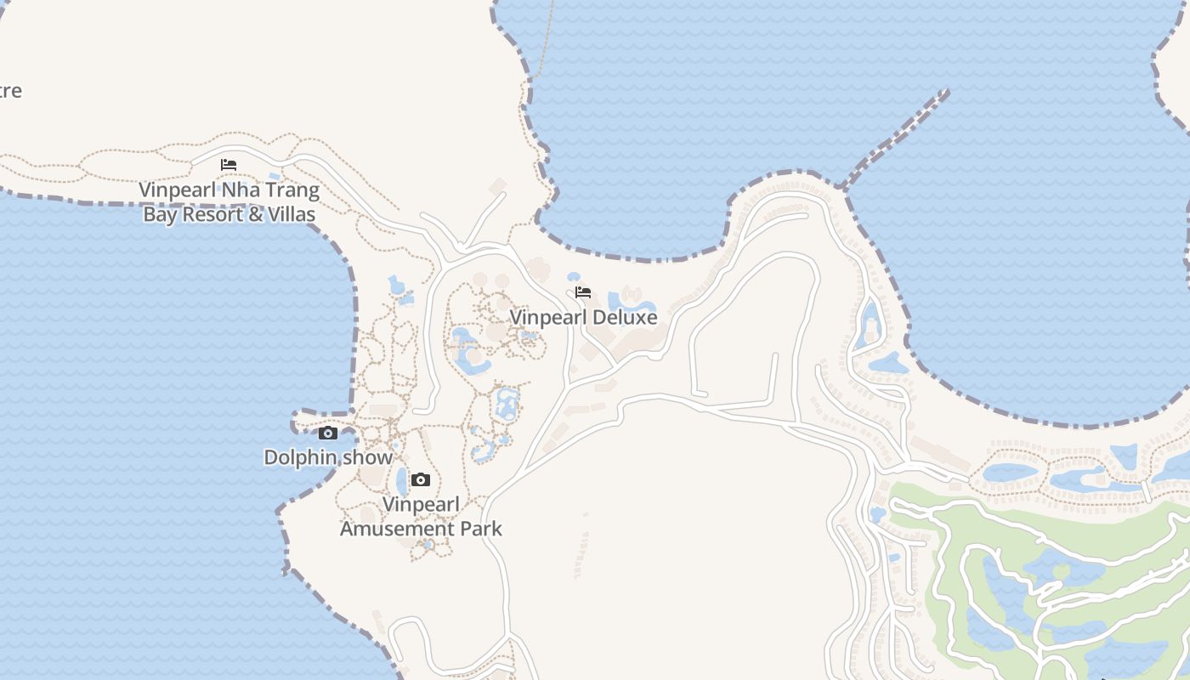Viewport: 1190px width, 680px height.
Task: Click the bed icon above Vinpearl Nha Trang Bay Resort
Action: (229, 165)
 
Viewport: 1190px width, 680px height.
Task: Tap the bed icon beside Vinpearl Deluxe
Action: (583, 292)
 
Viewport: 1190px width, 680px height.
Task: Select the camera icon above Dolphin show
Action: (328, 433)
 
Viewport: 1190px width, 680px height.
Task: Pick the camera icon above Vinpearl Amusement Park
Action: (420, 480)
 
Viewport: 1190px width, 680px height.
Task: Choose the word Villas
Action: (293, 214)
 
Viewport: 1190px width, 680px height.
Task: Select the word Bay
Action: (160, 214)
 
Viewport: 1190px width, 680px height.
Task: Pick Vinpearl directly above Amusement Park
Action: (421, 505)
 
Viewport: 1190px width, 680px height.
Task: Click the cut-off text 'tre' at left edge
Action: (10, 91)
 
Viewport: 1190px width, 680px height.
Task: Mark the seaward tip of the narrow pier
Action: (945, 92)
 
